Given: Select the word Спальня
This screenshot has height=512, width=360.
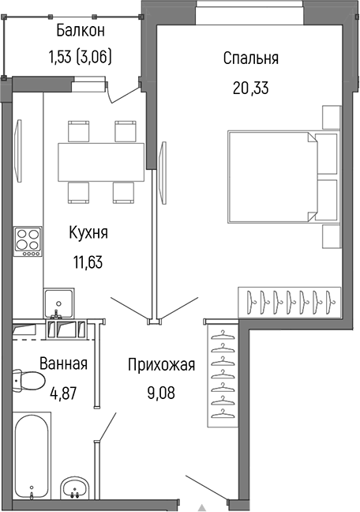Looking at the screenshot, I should (250, 58).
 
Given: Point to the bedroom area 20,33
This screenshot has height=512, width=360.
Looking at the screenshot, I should (250, 88).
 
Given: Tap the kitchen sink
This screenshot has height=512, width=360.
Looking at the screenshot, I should (59, 303).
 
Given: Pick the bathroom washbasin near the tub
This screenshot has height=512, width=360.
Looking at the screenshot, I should (76, 488).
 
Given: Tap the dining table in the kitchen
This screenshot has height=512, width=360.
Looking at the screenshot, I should (101, 161).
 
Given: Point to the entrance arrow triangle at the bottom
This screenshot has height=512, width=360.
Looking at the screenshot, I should (202, 506).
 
